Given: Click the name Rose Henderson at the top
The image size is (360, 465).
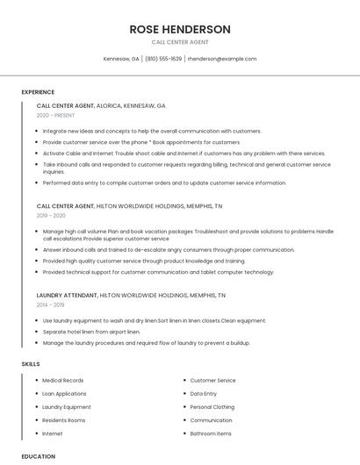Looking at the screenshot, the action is pos(180,29).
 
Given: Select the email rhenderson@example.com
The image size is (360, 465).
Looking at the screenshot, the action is pos(222,59).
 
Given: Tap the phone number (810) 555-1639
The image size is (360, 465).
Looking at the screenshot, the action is pos(163,59).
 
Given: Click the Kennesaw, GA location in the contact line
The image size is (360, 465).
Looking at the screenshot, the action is pos(121,59).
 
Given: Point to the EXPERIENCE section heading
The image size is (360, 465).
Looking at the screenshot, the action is pos(38,92).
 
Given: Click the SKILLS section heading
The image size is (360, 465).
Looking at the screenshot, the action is pos(31,363).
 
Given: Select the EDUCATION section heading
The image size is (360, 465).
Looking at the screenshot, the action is pos(38,456).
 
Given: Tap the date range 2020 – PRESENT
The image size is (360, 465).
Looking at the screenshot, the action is pos(56,115).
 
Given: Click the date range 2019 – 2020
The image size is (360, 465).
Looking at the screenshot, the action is pos(51,215).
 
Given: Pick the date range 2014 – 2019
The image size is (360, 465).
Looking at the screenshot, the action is pos(51,304).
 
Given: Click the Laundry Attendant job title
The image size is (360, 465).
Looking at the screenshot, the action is pos(67,296).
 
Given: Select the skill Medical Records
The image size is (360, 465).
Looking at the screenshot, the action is pos(63,381).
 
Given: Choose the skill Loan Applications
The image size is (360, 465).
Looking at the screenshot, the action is pos(65,394).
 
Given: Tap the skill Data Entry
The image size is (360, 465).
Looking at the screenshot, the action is pos(204,394).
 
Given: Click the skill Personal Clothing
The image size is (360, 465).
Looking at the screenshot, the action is pos(212,407).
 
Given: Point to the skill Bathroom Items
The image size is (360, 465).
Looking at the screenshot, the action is pos(211,433).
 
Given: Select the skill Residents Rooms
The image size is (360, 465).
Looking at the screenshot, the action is pos(64,420).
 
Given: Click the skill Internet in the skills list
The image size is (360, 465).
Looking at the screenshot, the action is pos(53,433).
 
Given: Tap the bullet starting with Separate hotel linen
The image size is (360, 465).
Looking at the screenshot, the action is pos(91,332).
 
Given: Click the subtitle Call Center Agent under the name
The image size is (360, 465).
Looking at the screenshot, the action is pos(180,41).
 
